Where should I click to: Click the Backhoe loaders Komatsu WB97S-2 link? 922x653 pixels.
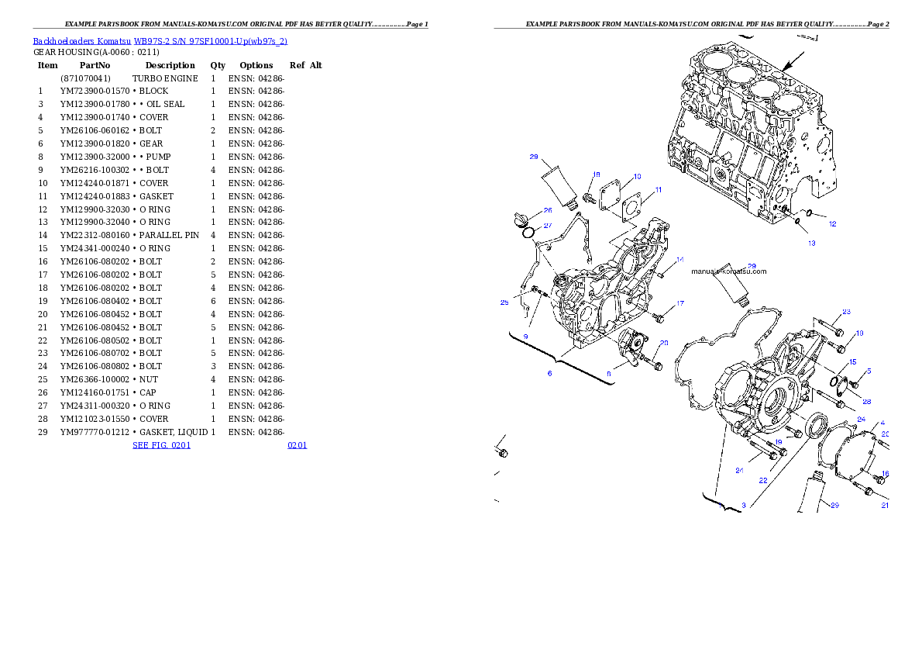[x=160, y=41]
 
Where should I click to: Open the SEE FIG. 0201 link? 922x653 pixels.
[x=161, y=445]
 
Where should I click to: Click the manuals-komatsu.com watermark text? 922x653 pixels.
[x=728, y=271]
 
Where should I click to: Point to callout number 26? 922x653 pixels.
[x=547, y=210]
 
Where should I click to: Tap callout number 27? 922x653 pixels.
[x=547, y=226]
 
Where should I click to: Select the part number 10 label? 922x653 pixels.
[x=637, y=177]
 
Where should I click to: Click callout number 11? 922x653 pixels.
[x=658, y=189]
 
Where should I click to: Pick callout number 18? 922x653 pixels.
[x=597, y=174]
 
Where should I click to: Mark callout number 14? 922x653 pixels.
[x=679, y=259]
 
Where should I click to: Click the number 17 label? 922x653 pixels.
[x=679, y=303]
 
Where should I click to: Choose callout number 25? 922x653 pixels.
[x=504, y=302]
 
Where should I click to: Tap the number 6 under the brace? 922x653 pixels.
[x=549, y=373]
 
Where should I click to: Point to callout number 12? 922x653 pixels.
[x=833, y=224]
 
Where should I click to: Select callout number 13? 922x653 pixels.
[x=812, y=243]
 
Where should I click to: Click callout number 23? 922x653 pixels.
[x=846, y=312]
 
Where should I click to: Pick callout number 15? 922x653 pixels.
[x=852, y=362]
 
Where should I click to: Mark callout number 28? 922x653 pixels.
[x=866, y=402]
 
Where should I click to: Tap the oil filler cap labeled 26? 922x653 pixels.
[x=521, y=218]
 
